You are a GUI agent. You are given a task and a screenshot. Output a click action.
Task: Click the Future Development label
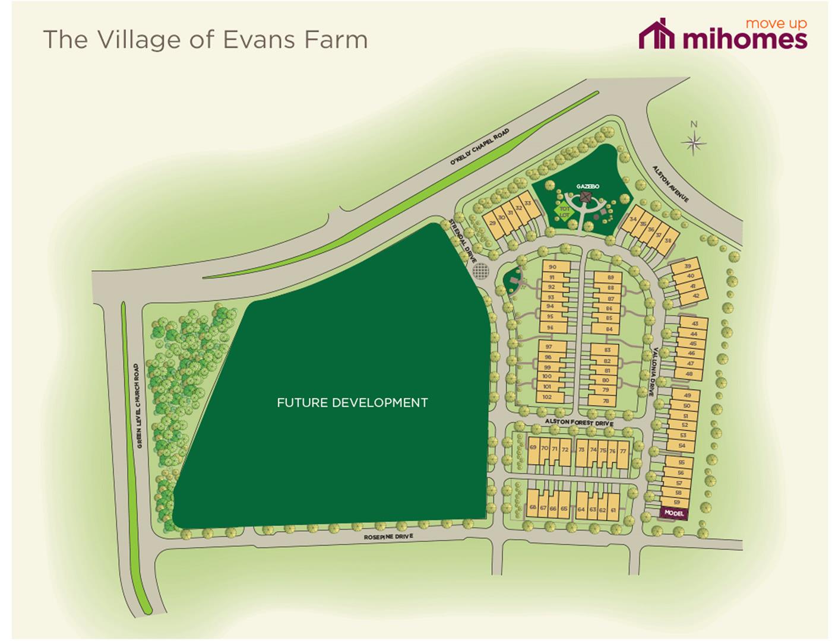(352, 402)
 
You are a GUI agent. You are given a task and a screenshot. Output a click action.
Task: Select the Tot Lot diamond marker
(564, 211)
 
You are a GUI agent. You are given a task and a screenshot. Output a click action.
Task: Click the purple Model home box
(674, 513)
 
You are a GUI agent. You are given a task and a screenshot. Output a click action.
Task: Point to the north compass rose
(694, 141)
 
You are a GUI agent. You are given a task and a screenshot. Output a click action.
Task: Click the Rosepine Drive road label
(388, 537)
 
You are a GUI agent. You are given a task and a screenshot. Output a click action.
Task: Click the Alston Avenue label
(670, 184)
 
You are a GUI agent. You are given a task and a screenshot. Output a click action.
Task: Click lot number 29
(492, 223)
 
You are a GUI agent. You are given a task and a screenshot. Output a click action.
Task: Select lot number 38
(668, 240)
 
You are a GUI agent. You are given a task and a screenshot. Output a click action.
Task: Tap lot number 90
(552, 268)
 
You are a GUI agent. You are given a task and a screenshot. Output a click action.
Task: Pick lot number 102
(547, 397)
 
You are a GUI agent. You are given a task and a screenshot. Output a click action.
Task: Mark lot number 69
(533, 448)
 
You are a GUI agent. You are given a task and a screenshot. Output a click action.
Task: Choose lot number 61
(613, 509)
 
